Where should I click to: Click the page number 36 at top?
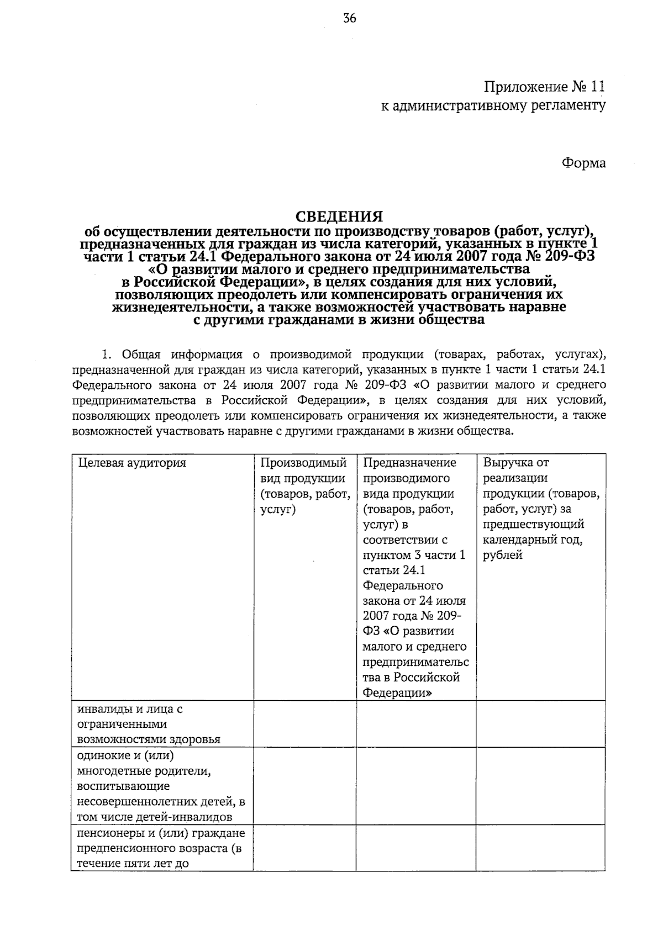pyautogui.click(x=350, y=18)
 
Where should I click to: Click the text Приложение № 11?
pyautogui.click(x=544, y=87)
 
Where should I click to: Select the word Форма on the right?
pyautogui.click(x=583, y=163)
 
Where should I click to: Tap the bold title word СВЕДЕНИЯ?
pyautogui.click(x=338, y=216)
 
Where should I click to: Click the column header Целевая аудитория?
pyautogui.click(x=132, y=463)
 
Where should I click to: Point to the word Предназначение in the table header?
pyautogui.click(x=409, y=463)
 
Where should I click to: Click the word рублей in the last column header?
pyautogui.click(x=502, y=556)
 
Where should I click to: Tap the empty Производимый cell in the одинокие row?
pyautogui.click(x=304, y=786)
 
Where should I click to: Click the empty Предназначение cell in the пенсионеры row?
pyautogui.click(x=415, y=848)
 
